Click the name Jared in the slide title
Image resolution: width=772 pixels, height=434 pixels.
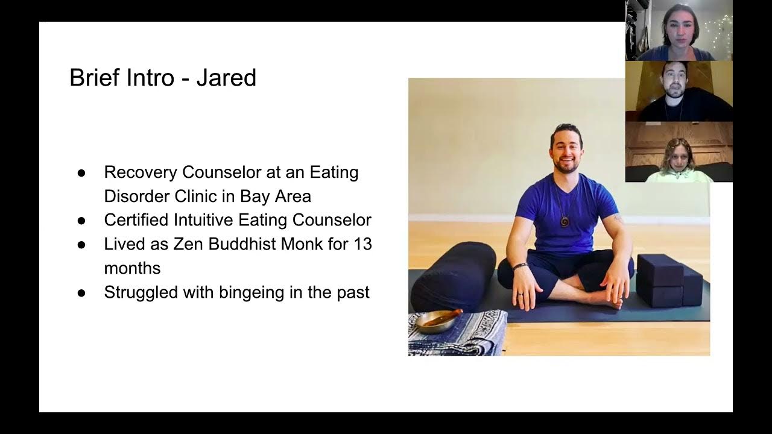226,78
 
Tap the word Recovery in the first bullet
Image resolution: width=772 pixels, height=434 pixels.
141,172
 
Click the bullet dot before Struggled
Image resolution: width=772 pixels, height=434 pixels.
82,293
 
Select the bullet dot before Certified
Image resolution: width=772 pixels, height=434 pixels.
82,221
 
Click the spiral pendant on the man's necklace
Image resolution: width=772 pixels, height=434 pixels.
565,221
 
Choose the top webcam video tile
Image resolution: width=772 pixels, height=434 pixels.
679,30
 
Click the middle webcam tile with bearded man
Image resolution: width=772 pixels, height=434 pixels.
679,91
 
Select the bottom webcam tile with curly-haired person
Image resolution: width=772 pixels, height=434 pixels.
679,152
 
